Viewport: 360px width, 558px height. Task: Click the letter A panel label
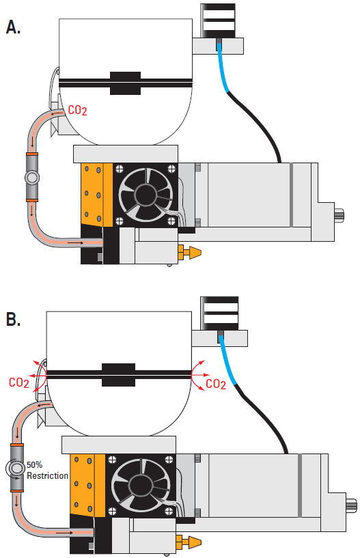point(13,27)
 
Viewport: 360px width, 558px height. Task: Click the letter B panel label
point(13,319)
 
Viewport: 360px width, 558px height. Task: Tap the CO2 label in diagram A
point(77,111)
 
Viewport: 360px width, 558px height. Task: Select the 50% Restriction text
point(47,470)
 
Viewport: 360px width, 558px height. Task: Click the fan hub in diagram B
point(140,486)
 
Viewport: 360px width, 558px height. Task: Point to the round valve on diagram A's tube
point(32,177)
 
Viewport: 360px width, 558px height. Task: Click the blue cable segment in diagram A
point(223,68)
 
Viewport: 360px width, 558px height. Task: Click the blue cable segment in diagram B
point(227,360)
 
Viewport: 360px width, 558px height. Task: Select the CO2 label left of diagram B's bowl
point(19,382)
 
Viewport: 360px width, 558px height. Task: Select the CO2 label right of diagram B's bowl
point(216,384)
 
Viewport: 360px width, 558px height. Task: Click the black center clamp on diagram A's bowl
point(125,83)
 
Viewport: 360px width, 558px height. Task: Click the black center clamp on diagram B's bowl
point(119,375)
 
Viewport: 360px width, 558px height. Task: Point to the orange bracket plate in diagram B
point(87,485)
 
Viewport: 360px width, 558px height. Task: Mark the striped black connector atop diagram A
point(217,20)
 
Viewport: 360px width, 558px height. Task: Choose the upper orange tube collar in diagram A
point(31,154)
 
